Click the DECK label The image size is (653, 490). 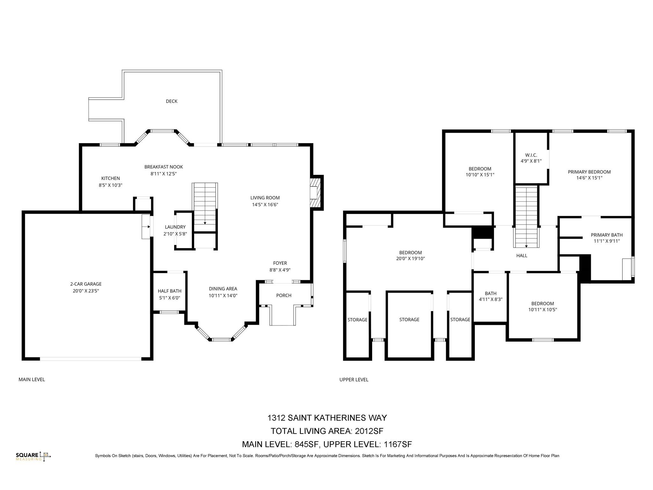(x=171, y=101)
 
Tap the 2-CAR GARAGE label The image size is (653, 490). (x=86, y=284)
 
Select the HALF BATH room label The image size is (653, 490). (x=169, y=291)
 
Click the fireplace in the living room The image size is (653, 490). (x=316, y=193)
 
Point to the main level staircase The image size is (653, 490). (x=205, y=204)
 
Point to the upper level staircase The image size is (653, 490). (x=526, y=217)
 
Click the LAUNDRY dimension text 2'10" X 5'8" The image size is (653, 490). (x=175, y=234)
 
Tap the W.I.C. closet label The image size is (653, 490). (x=531, y=155)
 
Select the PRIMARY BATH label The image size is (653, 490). (x=606, y=235)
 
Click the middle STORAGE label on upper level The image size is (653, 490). (x=409, y=319)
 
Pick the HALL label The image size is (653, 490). (x=522, y=256)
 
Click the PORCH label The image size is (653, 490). (x=283, y=295)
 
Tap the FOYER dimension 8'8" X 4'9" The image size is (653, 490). (x=280, y=270)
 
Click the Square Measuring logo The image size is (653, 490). (x=33, y=457)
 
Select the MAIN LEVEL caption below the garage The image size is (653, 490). (x=32, y=379)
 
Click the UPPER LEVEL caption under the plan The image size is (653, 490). (x=354, y=379)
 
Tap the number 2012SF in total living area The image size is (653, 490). (x=369, y=431)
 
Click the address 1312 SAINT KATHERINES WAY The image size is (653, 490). (x=327, y=418)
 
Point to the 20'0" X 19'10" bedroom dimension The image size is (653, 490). (x=410, y=259)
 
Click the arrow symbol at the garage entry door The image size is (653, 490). (x=147, y=227)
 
